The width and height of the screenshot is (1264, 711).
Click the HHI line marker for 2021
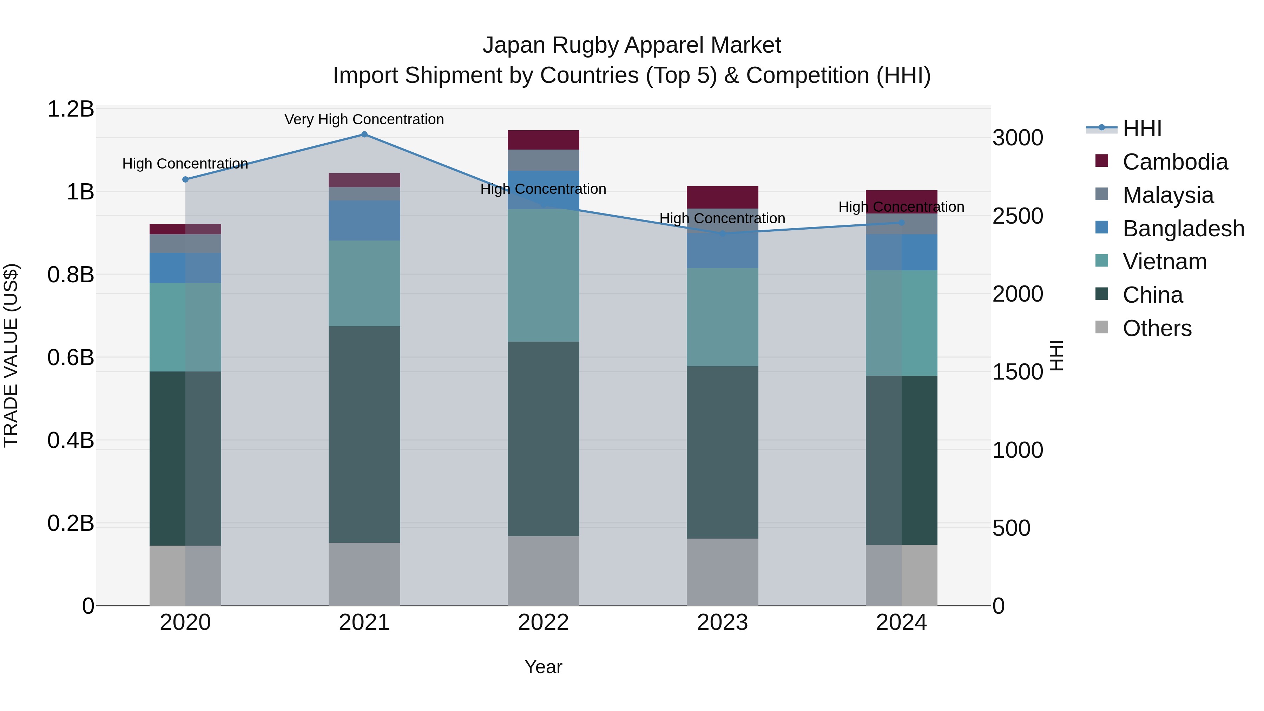[364, 134]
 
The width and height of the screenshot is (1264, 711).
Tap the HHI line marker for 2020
[185, 179]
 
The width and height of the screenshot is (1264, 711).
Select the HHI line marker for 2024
[901, 223]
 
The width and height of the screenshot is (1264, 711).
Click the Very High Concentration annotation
[364, 120]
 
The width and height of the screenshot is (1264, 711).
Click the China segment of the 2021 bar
[364, 434]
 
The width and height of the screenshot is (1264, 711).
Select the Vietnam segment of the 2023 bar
[722, 317]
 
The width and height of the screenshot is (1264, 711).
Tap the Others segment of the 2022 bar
[543, 571]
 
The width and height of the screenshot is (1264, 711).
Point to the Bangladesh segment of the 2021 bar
[364, 220]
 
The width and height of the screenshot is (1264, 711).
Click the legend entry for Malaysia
[1168, 195]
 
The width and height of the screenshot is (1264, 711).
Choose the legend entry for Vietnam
[1164, 262]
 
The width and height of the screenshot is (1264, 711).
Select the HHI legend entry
[1142, 129]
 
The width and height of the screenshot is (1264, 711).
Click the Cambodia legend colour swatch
[1101, 161]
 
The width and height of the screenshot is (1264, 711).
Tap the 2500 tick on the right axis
[1018, 216]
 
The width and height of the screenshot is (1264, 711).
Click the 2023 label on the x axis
[722, 623]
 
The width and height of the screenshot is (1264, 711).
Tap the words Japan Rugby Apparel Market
[632, 45]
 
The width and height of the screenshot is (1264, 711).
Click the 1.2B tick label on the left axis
[71, 109]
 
